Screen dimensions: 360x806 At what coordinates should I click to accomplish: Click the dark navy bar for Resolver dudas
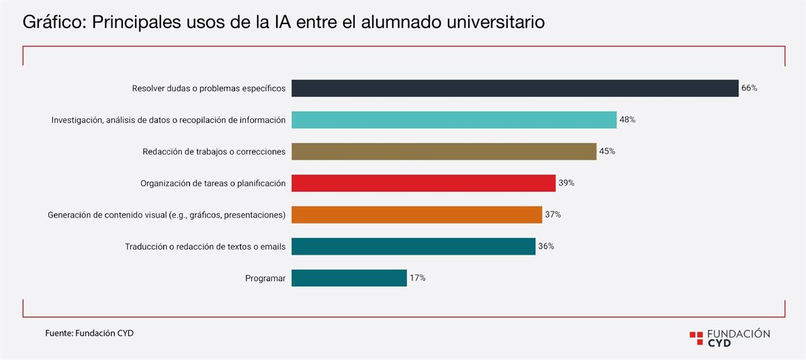point(514,88)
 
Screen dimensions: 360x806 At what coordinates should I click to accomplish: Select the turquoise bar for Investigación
point(453,120)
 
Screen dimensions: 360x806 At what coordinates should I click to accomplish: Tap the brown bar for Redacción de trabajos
point(443,151)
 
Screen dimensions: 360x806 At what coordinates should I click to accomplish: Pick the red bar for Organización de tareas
point(423,183)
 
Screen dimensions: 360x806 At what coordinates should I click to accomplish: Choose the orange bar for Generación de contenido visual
point(416,214)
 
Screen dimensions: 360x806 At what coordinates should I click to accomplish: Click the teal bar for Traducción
point(413,246)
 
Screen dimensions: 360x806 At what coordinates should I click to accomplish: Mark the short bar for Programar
point(349,278)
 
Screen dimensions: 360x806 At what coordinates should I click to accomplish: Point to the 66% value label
point(750,88)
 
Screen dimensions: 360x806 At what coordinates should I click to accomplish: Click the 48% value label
point(627,120)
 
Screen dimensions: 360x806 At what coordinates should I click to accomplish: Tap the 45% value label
point(607,151)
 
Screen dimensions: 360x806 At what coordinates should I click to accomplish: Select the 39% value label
point(566,183)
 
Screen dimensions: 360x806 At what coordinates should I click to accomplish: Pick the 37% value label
point(553,214)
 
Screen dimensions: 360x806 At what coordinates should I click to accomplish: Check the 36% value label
point(546,246)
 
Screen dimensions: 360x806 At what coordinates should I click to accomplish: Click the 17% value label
point(418,278)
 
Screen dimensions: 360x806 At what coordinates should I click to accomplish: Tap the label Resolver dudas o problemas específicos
point(209,88)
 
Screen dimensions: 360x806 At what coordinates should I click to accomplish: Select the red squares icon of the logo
point(697,337)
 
